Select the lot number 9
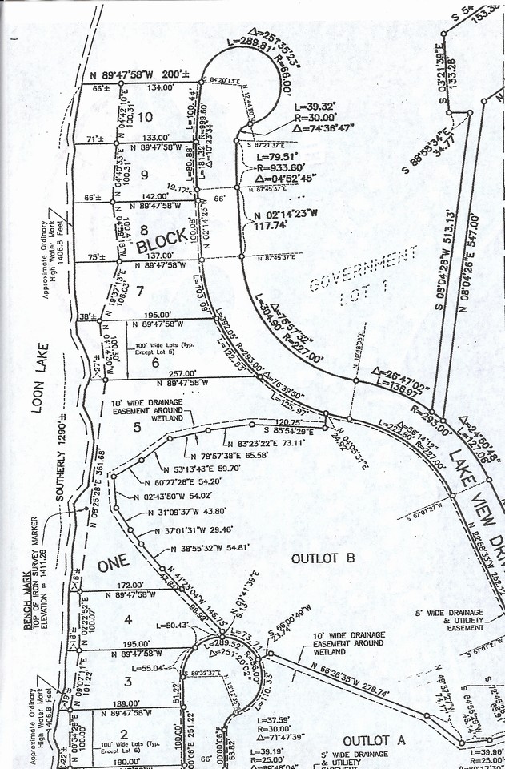coord(144,174)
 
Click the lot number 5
coord(137,427)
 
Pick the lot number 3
coord(126,682)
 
